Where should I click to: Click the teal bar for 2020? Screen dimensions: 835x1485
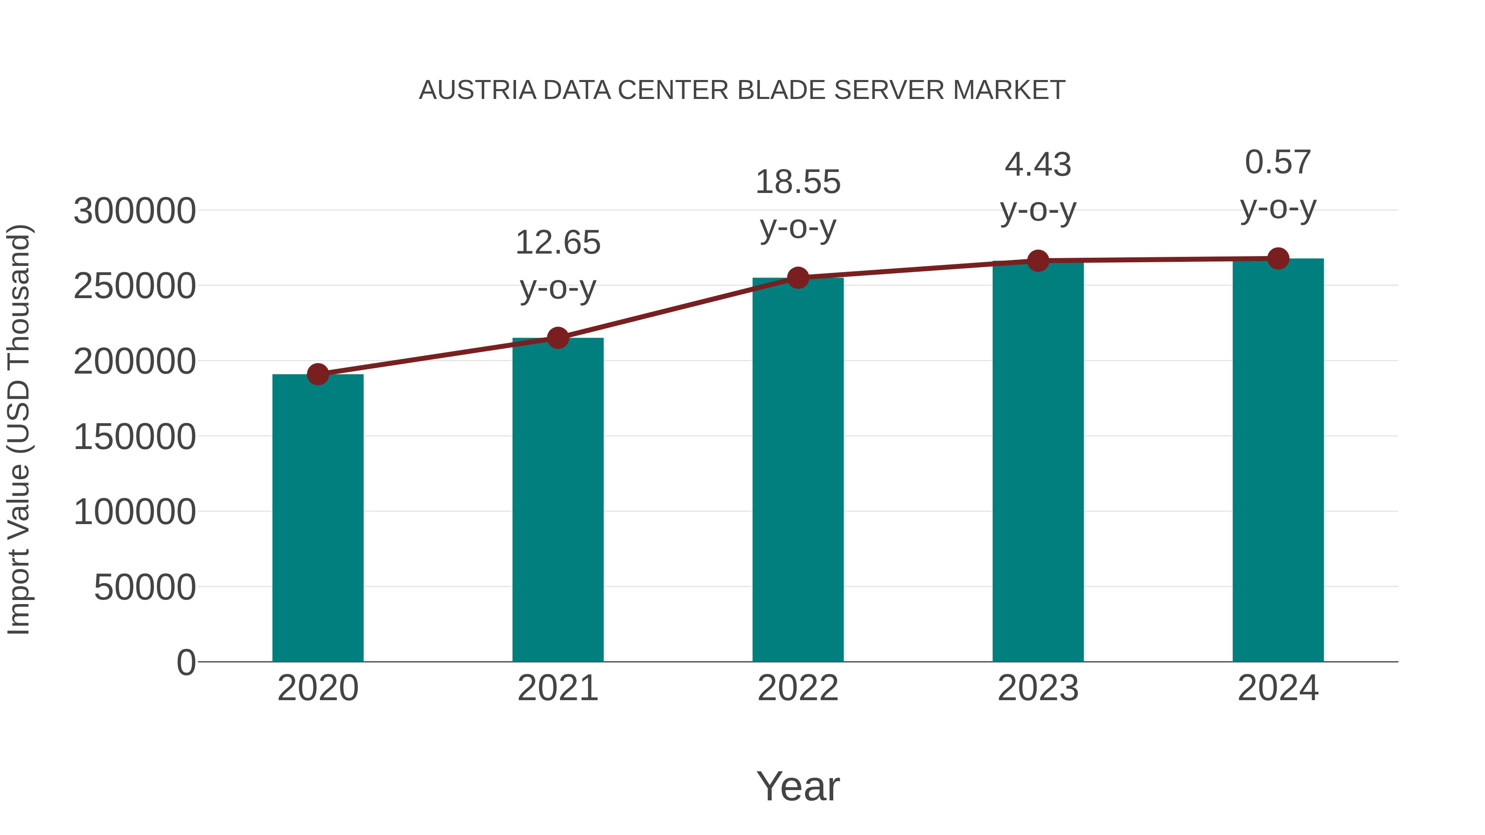pyautogui.click(x=318, y=519)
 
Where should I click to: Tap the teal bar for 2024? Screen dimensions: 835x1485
pyautogui.click(x=1278, y=461)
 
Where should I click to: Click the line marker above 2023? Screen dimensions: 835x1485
pyautogui.click(x=1038, y=261)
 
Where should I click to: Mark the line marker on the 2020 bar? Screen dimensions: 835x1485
pyautogui.click(x=318, y=374)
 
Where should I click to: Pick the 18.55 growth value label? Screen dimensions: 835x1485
pyautogui.click(x=798, y=182)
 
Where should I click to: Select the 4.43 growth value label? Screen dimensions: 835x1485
pyautogui.click(x=1038, y=165)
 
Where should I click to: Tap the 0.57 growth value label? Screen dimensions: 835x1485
pyautogui.click(x=1278, y=162)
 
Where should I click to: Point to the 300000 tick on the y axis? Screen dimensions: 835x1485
pyautogui.click(x=135, y=211)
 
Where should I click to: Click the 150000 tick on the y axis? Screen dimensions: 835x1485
pyautogui.click(x=135, y=437)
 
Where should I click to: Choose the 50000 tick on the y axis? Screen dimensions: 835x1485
pyautogui.click(x=145, y=588)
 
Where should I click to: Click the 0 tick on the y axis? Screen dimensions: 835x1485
pyautogui.click(x=186, y=663)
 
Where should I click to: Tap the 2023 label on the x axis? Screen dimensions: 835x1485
pyautogui.click(x=1038, y=689)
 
